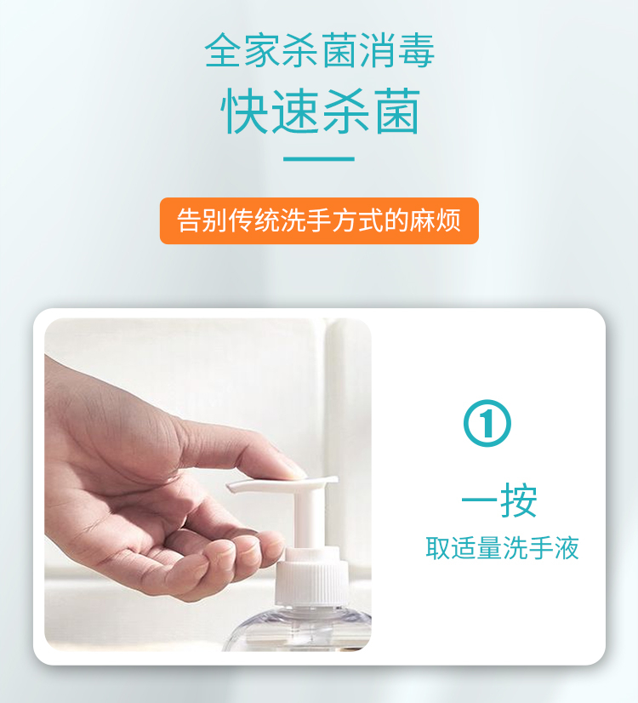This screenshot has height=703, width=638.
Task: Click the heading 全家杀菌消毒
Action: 320,50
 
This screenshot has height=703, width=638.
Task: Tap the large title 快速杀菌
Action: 321,111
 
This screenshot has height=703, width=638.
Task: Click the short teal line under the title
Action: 319,158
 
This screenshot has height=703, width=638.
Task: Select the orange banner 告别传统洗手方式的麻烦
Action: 319,220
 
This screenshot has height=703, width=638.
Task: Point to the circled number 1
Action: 487,423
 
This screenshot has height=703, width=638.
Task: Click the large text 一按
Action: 498,500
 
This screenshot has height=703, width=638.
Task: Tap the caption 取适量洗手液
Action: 502,547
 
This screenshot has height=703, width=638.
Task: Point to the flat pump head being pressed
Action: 282,484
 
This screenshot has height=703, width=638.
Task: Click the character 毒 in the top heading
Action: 416,50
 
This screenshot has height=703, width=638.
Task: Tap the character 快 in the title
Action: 244,111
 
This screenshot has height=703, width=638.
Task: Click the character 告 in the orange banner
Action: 189,220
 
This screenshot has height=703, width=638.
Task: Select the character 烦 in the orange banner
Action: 449,220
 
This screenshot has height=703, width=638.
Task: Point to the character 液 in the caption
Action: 567,547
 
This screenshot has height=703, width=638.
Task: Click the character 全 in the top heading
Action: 223,50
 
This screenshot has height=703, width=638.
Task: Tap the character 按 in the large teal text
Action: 519,500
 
